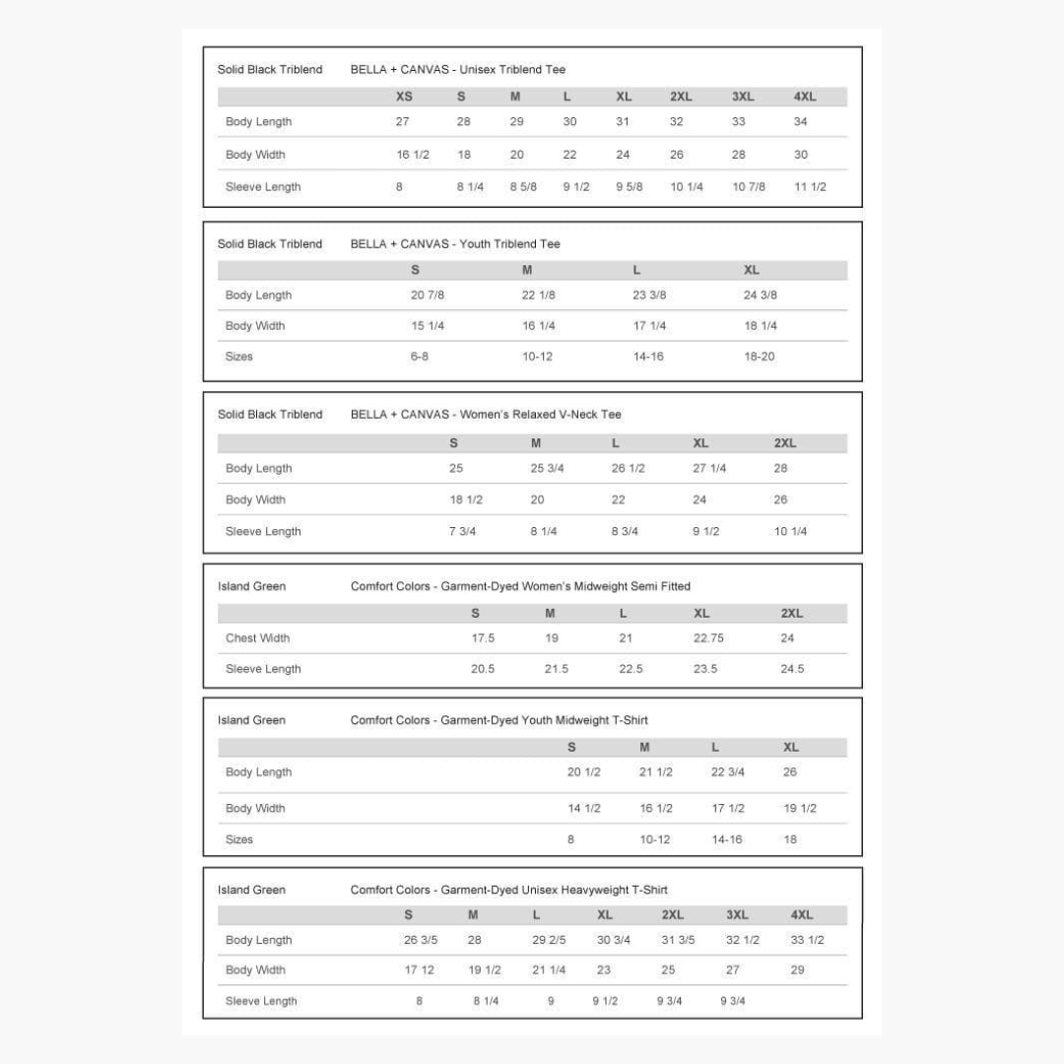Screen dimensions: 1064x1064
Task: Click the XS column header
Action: [x=404, y=97]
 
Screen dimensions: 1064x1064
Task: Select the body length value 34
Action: [x=800, y=122]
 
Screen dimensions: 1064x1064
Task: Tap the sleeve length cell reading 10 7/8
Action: [x=749, y=187]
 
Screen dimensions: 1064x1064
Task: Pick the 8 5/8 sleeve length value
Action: [x=523, y=187]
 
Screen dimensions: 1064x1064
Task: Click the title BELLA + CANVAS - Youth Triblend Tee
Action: [x=455, y=244]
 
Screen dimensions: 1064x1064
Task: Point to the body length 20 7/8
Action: [x=429, y=296]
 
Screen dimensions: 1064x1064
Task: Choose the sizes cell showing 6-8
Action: [x=420, y=357]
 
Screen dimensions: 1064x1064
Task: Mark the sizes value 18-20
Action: [x=759, y=357]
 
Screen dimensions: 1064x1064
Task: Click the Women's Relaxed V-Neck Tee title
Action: [x=486, y=415]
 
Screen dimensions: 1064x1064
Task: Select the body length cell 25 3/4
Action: [x=547, y=469]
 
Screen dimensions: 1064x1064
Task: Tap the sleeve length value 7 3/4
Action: [x=462, y=532]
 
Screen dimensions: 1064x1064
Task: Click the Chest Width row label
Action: [x=257, y=638]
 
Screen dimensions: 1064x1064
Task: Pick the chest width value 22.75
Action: [x=708, y=638]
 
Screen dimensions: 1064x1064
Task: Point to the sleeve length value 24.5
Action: [x=792, y=669]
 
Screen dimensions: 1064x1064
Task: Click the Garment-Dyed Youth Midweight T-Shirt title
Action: [x=499, y=720]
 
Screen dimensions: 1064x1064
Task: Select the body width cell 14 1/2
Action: [x=583, y=809]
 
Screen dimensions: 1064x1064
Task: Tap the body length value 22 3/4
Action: [x=727, y=772]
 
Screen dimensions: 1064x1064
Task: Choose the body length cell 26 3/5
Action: [x=421, y=940]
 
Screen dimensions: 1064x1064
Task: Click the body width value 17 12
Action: [x=419, y=970]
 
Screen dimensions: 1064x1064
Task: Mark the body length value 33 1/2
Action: [x=807, y=940]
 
